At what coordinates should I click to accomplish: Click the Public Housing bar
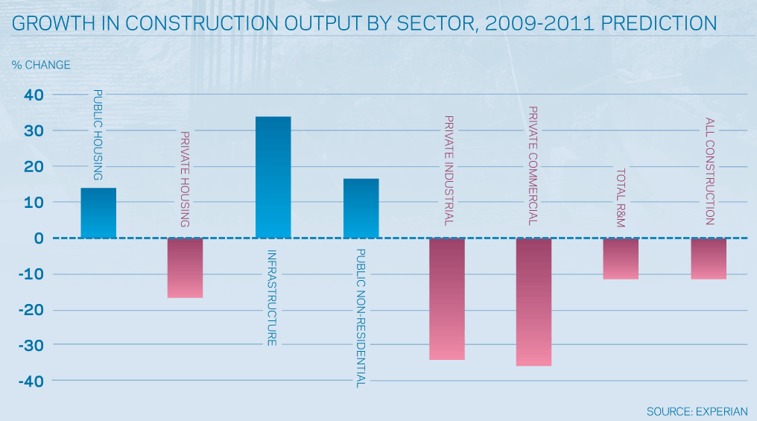pyautogui.click(x=98, y=213)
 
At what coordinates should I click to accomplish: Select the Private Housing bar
pyautogui.click(x=185, y=268)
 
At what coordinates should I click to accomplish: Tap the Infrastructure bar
pyautogui.click(x=273, y=177)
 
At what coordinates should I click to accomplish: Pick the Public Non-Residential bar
pyautogui.click(x=361, y=209)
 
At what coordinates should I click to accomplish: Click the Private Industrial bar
pyautogui.click(x=447, y=299)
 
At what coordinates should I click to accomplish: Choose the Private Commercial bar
pyautogui.click(x=533, y=302)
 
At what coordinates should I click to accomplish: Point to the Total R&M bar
pyautogui.click(x=621, y=259)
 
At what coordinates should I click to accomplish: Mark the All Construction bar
pyautogui.click(x=709, y=259)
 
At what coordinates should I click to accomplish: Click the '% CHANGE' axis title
pyautogui.click(x=41, y=65)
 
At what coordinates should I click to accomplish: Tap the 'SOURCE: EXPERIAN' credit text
pyautogui.click(x=697, y=411)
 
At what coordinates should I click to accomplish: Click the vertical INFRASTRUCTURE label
pyautogui.click(x=273, y=297)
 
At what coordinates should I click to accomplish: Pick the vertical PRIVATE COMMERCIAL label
pyautogui.click(x=533, y=166)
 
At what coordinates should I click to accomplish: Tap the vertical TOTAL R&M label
pyautogui.click(x=621, y=198)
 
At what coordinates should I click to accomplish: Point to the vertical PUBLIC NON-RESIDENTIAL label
pyautogui.click(x=361, y=318)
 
